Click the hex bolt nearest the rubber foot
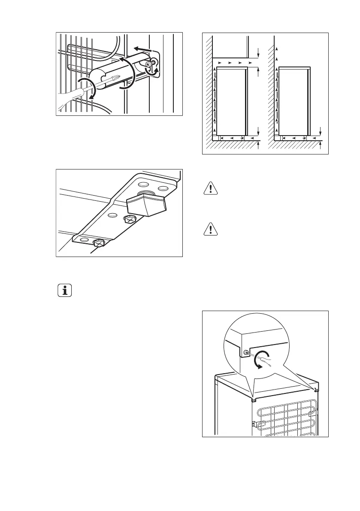tap(130, 219)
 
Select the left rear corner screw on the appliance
tap(254, 400)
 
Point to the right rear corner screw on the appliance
tap(316, 390)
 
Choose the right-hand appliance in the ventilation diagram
tap(294, 101)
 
